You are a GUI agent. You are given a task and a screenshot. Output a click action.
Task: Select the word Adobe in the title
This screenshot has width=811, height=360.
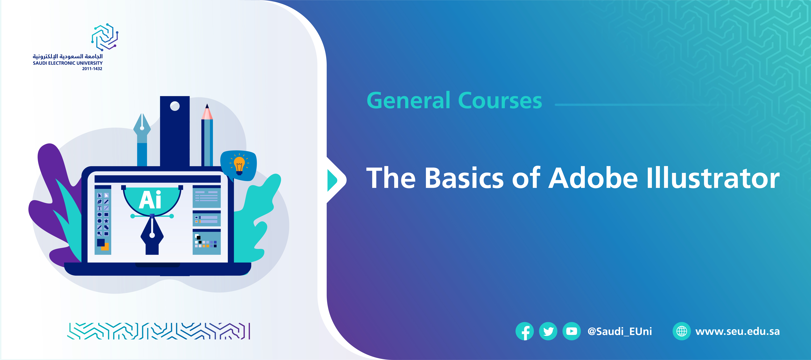click(x=593, y=178)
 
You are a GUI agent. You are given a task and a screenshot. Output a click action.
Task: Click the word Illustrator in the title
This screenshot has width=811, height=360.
click(x=713, y=178)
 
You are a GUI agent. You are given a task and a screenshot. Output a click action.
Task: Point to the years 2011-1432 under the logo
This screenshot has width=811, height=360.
click(x=92, y=69)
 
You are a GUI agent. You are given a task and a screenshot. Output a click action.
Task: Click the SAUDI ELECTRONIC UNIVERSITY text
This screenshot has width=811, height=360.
click(x=68, y=63)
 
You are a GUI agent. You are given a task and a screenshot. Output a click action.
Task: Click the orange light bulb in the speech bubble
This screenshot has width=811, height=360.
click(x=239, y=164)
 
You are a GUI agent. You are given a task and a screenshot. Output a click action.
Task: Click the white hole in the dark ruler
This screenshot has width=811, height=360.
click(x=175, y=106)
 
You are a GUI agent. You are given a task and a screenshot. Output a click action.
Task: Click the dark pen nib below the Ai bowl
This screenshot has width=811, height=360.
click(x=152, y=234)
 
